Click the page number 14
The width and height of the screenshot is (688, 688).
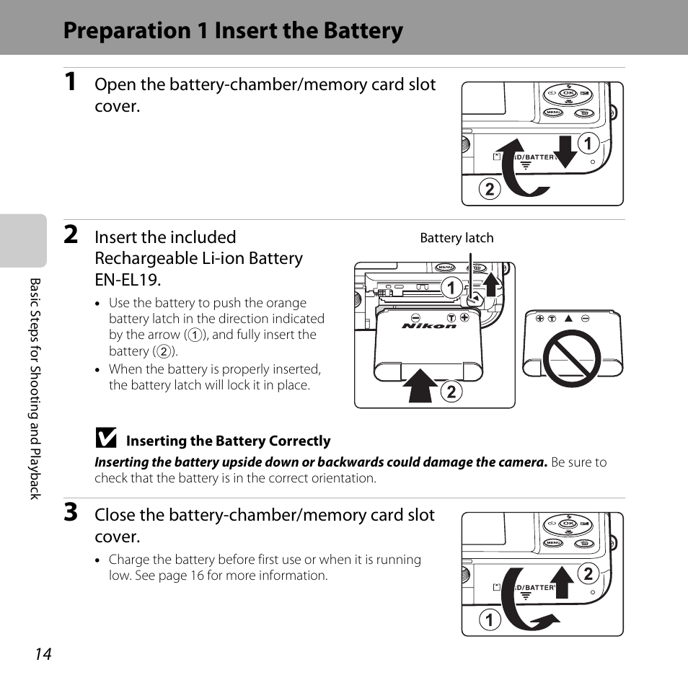click(43, 654)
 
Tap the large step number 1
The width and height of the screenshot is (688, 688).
click(71, 82)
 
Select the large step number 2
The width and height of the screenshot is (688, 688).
click(71, 234)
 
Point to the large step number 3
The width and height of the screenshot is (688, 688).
click(71, 513)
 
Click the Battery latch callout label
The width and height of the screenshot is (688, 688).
click(457, 238)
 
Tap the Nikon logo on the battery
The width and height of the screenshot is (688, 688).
click(429, 326)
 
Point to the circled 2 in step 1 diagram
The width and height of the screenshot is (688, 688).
click(489, 190)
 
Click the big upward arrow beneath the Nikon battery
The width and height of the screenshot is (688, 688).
click(422, 384)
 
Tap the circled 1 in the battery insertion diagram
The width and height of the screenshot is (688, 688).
click(451, 288)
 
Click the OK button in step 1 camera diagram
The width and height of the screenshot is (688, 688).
click(568, 93)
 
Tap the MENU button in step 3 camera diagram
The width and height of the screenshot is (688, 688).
click(553, 543)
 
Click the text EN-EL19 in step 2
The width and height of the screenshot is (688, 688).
click(128, 279)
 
